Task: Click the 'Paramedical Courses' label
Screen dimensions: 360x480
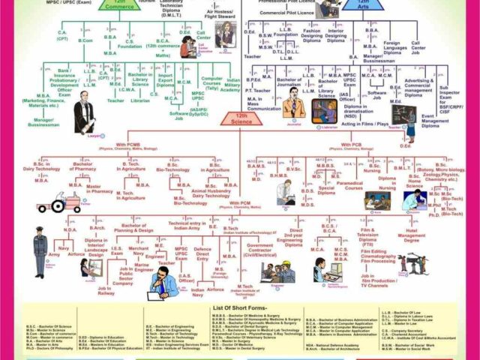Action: coord(349,184)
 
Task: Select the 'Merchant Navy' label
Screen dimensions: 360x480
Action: coord(138,251)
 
